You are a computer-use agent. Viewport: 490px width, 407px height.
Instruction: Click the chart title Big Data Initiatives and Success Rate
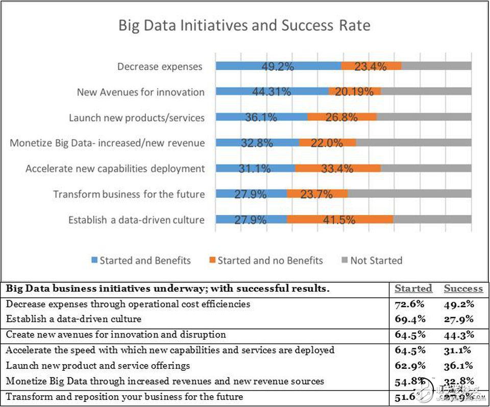(244, 26)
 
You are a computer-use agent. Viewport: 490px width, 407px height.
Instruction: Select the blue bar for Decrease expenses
(278, 66)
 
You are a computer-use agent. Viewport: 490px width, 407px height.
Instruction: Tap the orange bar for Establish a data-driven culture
(339, 220)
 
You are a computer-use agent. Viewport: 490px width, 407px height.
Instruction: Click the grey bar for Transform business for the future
(409, 194)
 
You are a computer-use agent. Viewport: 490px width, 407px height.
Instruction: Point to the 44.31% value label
(272, 92)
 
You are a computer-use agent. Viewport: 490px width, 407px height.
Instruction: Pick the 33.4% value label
(337, 169)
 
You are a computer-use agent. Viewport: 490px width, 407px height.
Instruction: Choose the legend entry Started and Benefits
(140, 260)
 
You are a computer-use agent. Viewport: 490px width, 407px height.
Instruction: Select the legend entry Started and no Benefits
(265, 260)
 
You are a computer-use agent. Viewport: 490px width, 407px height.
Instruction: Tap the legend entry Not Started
(371, 260)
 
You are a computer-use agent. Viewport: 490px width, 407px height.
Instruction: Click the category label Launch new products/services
(136, 117)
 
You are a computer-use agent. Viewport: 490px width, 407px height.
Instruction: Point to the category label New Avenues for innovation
(140, 92)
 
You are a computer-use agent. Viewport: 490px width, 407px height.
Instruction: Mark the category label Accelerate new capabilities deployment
(115, 169)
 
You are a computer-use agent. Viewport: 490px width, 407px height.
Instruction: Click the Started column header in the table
(413, 289)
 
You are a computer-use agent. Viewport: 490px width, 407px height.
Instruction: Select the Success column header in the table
(463, 289)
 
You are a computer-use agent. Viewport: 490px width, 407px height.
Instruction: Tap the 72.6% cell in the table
(410, 304)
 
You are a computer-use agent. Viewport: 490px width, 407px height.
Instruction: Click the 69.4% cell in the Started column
(410, 319)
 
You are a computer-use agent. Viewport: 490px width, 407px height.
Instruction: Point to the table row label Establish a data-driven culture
(73, 319)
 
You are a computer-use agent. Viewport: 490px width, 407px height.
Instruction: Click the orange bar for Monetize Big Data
(327, 143)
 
